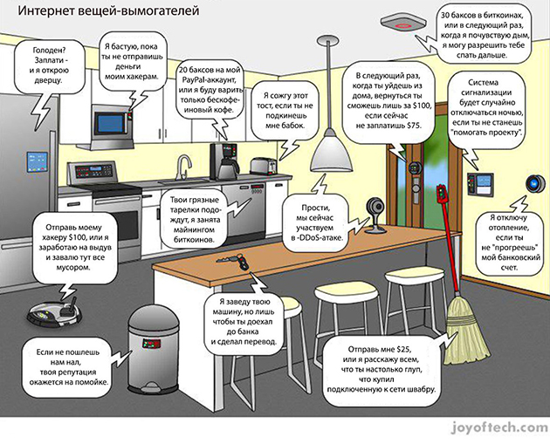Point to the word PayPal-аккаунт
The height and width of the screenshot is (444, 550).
208,84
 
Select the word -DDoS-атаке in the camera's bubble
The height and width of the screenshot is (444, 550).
318,237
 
